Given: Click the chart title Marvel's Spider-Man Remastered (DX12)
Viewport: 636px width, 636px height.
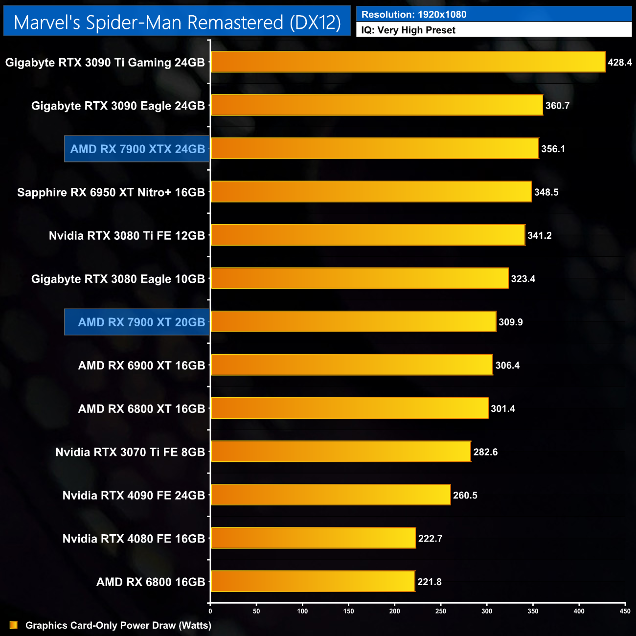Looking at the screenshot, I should [177, 22].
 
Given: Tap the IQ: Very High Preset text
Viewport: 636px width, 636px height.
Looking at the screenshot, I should [408, 30].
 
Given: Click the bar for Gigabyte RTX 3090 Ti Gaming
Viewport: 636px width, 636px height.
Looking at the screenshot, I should [408, 62].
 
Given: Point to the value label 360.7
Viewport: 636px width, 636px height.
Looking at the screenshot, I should [557, 106].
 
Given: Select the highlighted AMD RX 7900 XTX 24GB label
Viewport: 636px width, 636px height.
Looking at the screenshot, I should [137, 149].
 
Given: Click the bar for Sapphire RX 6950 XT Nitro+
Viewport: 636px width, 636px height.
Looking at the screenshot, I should [371, 192].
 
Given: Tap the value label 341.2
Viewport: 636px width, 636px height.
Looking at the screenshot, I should [539, 235].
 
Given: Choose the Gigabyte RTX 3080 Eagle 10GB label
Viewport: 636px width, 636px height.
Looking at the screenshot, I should [118, 279].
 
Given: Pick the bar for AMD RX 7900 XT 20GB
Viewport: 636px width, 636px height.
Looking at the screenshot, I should [353, 322].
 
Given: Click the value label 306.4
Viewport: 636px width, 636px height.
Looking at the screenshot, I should [507, 365].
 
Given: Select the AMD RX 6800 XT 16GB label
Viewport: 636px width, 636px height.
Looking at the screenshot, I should [141, 409].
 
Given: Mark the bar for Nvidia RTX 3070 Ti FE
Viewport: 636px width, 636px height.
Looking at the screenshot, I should [341, 452].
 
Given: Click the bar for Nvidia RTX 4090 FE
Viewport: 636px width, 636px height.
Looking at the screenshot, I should [330, 495].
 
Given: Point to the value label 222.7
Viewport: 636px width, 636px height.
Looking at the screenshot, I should [430, 539].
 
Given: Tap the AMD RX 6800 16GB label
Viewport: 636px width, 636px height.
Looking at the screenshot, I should [151, 582].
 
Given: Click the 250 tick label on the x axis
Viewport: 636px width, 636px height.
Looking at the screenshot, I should [441, 611].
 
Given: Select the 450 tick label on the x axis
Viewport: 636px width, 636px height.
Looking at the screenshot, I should [625, 611].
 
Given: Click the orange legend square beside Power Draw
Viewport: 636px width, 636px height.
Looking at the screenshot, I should [13, 625].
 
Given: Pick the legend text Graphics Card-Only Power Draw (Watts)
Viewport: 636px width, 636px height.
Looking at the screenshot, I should [118, 625].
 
